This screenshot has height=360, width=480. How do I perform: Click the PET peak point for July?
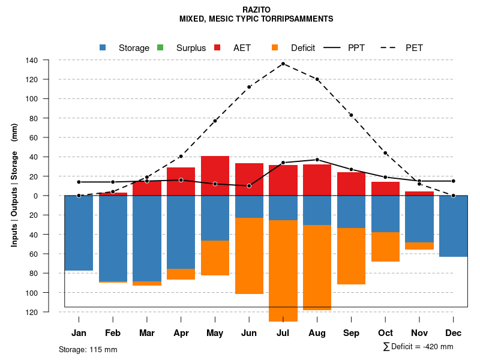point(283,64)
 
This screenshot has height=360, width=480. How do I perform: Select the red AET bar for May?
point(215,175)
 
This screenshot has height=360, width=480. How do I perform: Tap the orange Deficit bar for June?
point(249,256)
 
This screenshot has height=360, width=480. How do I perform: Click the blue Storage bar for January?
point(79,233)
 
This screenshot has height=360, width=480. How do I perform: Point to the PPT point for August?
point(317,160)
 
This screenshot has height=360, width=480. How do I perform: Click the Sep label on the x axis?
point(351,333)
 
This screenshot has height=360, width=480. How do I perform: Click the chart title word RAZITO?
point(256,10)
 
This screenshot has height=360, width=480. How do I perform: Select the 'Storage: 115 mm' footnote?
point(88,349)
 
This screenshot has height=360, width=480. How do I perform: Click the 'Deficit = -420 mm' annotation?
point(418,347)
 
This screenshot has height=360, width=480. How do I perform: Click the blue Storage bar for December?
point(454,226)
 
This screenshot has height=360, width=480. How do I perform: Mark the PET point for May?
point(215,121)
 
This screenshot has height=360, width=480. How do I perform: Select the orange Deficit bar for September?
point(351,256)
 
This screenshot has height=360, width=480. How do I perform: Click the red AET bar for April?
point(181,181)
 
